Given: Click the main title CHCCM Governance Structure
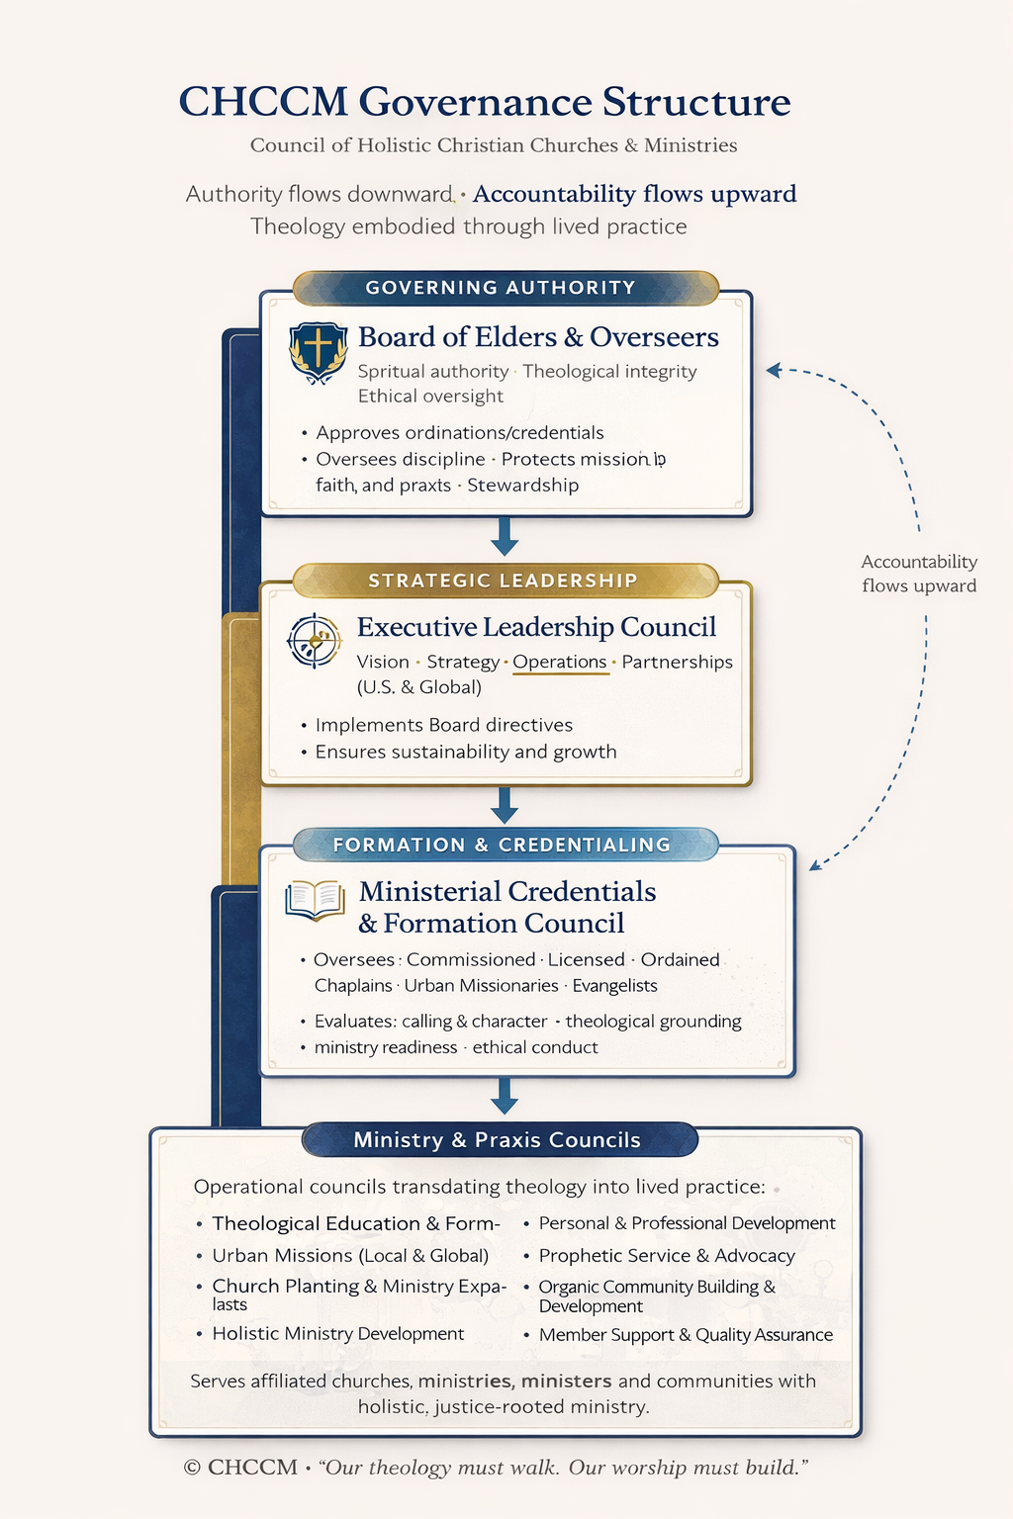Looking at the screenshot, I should point(485,102).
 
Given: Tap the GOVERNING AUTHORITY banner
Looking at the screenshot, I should point(501,288).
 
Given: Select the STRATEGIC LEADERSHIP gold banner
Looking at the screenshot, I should point(503,581).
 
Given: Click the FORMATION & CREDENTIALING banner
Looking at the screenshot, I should point(502,845).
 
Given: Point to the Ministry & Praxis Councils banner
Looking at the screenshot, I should point(498,1140).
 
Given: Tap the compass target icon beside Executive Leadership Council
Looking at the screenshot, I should point(314,641).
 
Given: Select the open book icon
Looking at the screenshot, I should point(315,900).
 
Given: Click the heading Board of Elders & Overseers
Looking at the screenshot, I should point(538,337).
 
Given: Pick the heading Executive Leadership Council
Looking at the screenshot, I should point(536,627).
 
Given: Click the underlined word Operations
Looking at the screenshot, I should point(559,662).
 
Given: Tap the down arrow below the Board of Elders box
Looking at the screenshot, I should point(505,536).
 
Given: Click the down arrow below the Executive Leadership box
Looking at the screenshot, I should point(505,805).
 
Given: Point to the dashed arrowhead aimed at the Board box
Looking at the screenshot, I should point(774,370).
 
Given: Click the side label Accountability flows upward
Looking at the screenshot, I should point(919,574).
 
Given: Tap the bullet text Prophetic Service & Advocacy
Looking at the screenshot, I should point(666,1256).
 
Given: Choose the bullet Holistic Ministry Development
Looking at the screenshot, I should point(337,1334).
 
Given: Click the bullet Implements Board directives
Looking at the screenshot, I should point(443,725).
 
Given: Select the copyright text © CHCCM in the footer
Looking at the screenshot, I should point(240,1468).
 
